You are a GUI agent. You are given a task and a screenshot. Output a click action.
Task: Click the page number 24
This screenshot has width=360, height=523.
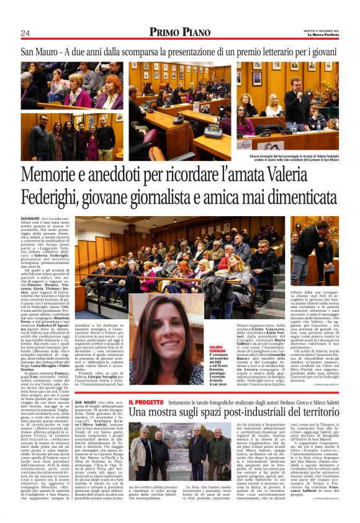pos(25,33)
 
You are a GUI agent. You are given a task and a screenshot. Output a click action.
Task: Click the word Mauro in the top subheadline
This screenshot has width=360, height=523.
pos(49,52)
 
